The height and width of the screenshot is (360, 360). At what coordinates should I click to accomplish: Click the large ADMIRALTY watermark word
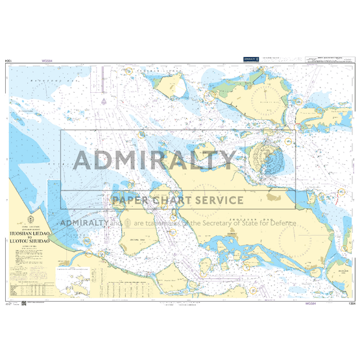point(155,160)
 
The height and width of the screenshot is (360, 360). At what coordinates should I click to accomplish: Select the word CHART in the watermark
point(168,200)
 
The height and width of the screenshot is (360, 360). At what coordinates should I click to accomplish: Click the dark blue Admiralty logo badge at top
point(251,59)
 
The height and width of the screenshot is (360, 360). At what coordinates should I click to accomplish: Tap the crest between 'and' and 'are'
point(128,222)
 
